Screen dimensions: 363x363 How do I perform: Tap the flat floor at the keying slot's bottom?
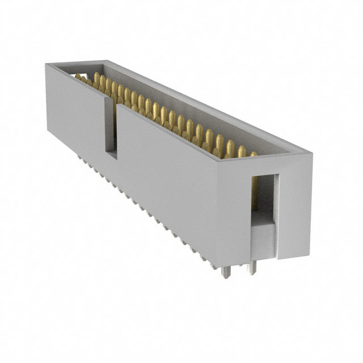[111, 154]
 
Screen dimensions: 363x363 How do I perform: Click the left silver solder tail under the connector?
[226, 272]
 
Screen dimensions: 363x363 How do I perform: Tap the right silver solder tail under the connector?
[253, 268]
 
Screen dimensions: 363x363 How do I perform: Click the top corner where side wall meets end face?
[219, 160]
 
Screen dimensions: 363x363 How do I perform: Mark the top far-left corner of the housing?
[47, 64]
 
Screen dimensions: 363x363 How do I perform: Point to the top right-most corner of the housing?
[311, 152]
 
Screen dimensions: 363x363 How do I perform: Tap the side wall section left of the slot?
[74, 113]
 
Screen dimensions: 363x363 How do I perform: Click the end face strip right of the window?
[294, 204]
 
